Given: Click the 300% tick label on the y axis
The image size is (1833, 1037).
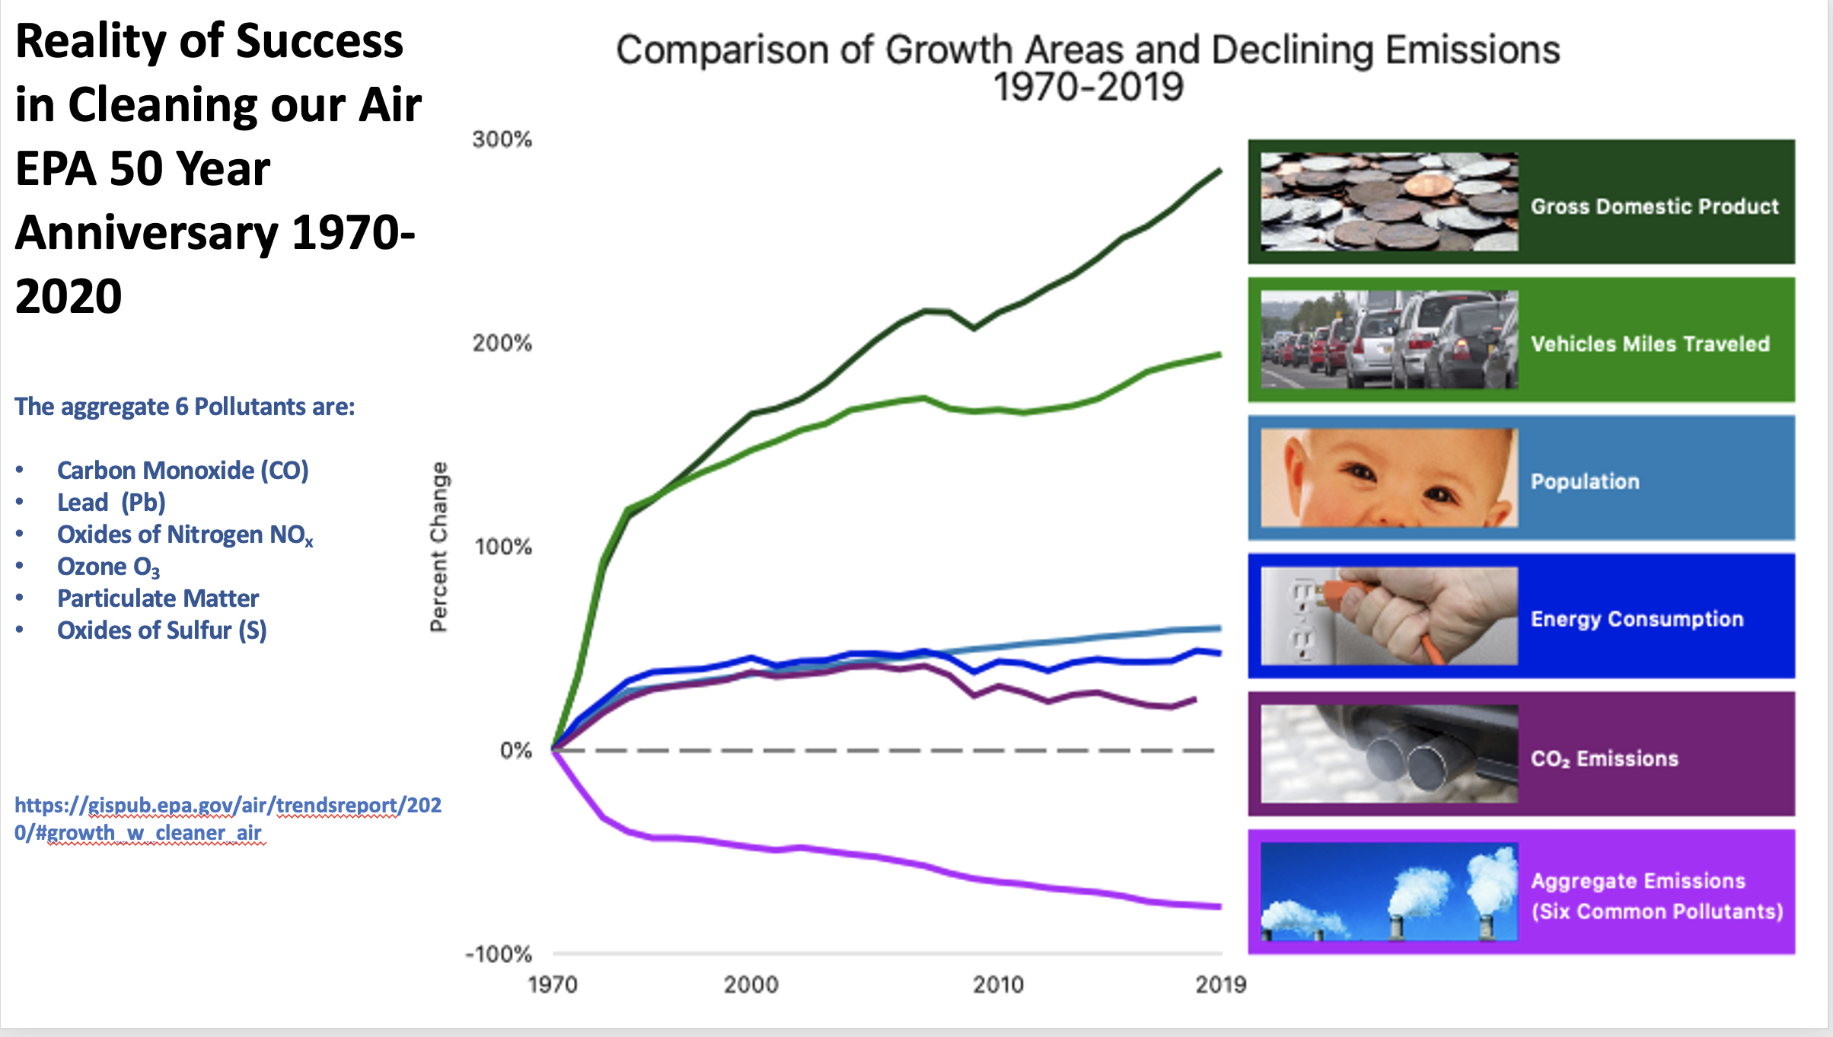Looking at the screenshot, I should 502,139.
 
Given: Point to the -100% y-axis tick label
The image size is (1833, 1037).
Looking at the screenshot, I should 499,954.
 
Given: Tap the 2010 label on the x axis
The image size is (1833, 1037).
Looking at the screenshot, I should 998,984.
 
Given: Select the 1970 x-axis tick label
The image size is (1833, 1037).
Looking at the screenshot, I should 553,984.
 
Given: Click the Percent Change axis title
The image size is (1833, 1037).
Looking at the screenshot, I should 439,547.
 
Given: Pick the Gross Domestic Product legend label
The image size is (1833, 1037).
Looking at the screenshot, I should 1654,206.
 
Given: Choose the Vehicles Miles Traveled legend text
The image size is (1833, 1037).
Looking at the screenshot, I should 1650,344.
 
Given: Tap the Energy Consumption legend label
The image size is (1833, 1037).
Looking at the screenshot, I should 1637,619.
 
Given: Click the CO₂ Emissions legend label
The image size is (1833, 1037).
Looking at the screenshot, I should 1604,758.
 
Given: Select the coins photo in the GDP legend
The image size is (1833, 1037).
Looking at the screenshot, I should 1388,202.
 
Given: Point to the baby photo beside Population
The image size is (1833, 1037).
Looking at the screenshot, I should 1388,477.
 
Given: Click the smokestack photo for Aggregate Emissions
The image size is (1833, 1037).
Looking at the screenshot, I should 1388,892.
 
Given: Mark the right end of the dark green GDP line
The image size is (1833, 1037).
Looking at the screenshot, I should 1219,171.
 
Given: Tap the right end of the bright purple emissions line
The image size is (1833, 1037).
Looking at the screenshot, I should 1219,906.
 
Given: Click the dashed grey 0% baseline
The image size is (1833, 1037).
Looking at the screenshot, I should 883,751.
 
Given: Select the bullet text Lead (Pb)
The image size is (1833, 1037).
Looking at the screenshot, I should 111,503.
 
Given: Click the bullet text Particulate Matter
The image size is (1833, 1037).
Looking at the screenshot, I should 158,598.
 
